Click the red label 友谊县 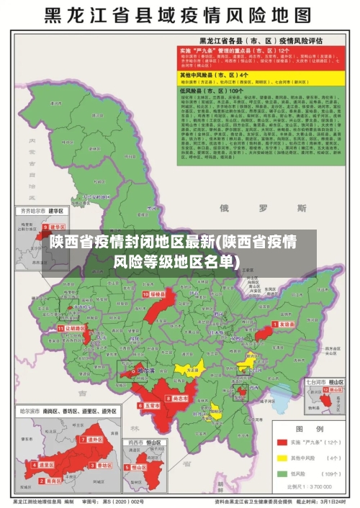click(x=286, y=325)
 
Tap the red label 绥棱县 click(x=156, y=294)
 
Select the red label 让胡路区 click(x=74, y=327)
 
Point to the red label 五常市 click(x=151, y=405)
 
